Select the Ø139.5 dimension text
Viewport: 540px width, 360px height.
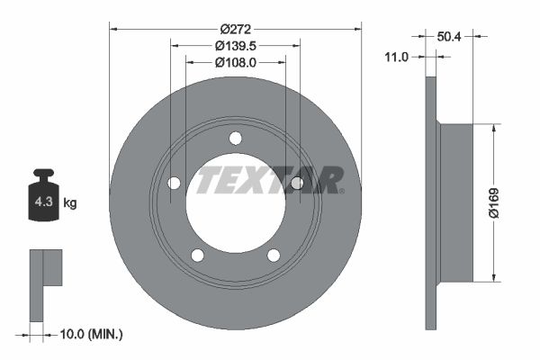[235, 45]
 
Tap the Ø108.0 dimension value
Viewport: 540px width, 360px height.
[235, 62]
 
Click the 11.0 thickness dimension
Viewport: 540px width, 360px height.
[397, 56]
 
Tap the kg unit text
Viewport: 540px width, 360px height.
[69, 203]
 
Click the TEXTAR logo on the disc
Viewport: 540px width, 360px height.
[270, 179]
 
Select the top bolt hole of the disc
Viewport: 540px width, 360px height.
[235, 138]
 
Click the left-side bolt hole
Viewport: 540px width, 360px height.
[174, 184]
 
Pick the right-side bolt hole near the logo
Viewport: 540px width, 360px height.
[297, 184]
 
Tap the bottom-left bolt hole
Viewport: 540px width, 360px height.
[197, 255]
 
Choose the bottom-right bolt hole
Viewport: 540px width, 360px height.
[273, 255]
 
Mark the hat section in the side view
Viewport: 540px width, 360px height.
[455, 203]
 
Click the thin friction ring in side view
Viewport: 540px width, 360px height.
[430, 203]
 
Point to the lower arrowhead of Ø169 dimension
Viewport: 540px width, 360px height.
[492, 277]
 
